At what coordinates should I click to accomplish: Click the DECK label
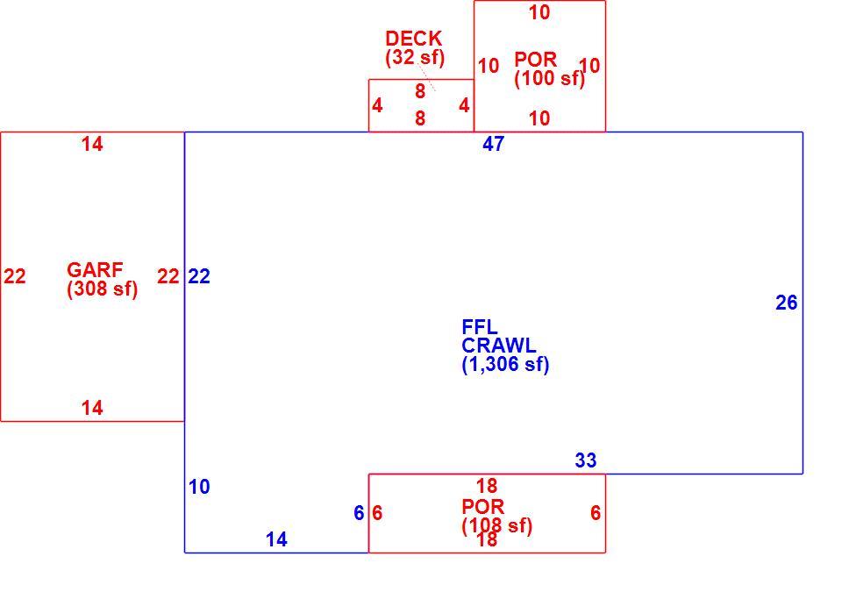click(x=414, y=39)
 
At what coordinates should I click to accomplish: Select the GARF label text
click(x=95, y=269)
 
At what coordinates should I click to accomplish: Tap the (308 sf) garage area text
click(x=103, y=289)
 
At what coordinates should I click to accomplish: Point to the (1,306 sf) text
click(x=506, y=364)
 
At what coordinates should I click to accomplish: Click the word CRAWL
click(x=499, y=346)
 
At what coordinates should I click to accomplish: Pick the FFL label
click(x=480, y=327)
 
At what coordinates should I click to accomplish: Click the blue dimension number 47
click(x=493, y=144)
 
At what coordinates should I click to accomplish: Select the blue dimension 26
click(x=786, y=303)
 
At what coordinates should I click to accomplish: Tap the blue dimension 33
click(x=586, y=460)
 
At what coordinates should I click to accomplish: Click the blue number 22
click(x=199, y=277)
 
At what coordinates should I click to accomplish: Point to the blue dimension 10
click(x=199, y=487)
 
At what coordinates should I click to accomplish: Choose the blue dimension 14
click(x=276, y=539)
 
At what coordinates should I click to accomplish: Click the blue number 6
click(x=359, y=513)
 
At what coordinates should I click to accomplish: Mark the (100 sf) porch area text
click(x=550, y=79)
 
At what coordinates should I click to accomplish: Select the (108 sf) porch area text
click(x=497, y=526)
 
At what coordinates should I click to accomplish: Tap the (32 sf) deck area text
click(x=415, y=57)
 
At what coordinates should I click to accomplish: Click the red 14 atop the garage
click(x=92, y=144)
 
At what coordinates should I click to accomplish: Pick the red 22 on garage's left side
click(x=15, y=277)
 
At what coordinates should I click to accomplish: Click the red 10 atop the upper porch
click(x=539, y=12)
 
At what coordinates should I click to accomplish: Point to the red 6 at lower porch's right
click(x=596, y=513)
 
